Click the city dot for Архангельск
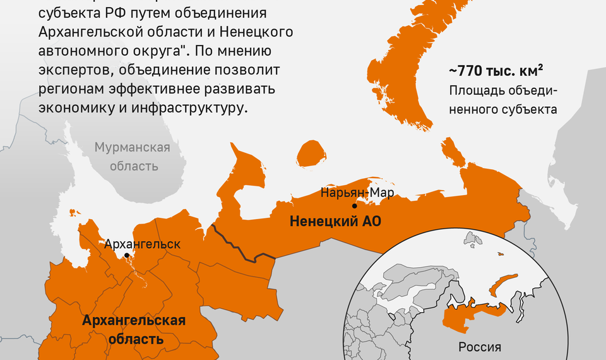(x=128, y=255)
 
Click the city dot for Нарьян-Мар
(x=355, y=206)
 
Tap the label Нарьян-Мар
(x=352, y=192)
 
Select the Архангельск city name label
(x=143, y=244)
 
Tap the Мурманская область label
(x=133, y=157)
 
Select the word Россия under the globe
(x=480, y=347)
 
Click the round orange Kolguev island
(x=311, y=153)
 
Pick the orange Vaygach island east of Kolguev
(x=452, y=152)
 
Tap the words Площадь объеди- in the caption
(x=503, y=90)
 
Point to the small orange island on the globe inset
(x=501, y=255)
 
